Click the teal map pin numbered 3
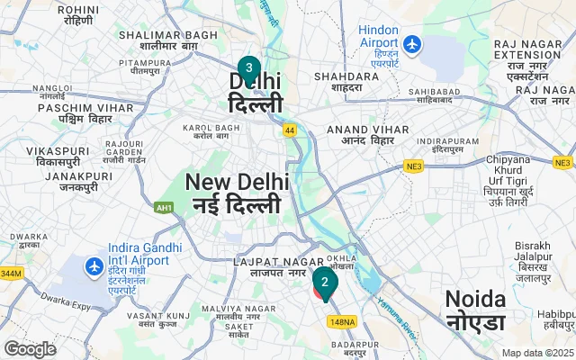(248, 68)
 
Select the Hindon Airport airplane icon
(412, 43)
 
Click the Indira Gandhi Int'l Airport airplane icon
(94, 266)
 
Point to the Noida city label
(474, 309)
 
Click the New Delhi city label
(238, 193)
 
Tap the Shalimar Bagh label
(158, 40)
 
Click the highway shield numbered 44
(290, 131)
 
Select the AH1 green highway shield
(165, 207)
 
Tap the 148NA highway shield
(343, 321)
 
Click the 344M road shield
(10, 273)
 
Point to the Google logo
(31, 348)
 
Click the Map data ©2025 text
(537, 353)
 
